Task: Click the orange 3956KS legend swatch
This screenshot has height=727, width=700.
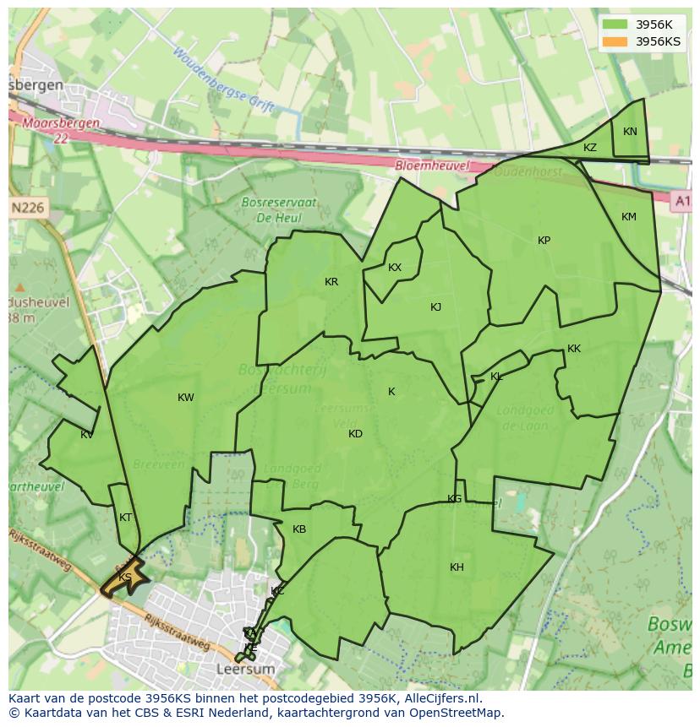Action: [x=615, y=41]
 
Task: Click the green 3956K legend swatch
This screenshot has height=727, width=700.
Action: [x=615, y=24]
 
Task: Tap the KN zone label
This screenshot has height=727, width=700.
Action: [x=630, y=132]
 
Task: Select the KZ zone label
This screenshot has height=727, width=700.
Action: [x=590, y=148]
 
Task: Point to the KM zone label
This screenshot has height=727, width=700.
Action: [x=629, y=217]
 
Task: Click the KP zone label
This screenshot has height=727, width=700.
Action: [x=544, y=241]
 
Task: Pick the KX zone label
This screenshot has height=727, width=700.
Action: [x=395, y=268]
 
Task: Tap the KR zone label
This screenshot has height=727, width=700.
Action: [x=331, y=282]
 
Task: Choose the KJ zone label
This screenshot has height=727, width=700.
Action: [x=435, y=307]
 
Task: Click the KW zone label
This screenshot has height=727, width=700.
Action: [x=186, y=398]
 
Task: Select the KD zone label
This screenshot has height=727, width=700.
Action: [x=355, y=434]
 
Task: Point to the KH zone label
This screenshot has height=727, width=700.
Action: [x=457, y=567]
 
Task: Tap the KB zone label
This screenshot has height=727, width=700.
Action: [x=299, y=529]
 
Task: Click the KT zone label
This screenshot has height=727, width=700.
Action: [x=126, y=518]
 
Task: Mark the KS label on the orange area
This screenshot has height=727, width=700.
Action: [x=125, y=578]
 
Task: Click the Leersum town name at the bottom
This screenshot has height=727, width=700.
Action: [x=246, y=669]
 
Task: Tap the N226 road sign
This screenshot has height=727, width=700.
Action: [x=29, y=207]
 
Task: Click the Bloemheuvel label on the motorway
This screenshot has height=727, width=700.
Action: [x=432, y=166]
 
